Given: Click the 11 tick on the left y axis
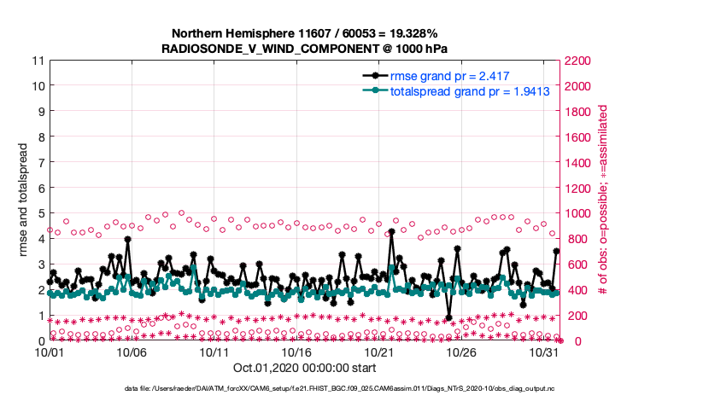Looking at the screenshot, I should click(38, 61).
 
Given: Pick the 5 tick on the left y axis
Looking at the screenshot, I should click(40, 213).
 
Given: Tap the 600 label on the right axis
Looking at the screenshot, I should click(575, 264).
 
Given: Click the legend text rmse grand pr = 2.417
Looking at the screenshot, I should click(450, 76).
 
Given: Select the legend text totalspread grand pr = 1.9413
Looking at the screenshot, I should click(469, 90).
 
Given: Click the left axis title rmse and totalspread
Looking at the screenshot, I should click(20, 200).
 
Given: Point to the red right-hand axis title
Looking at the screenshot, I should click(602, 200).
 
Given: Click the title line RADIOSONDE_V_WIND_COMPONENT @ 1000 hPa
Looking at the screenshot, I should click(305, 49).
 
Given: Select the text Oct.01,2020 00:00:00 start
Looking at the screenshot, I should click(304, 369).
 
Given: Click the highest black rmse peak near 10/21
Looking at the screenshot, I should click(391, 232).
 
